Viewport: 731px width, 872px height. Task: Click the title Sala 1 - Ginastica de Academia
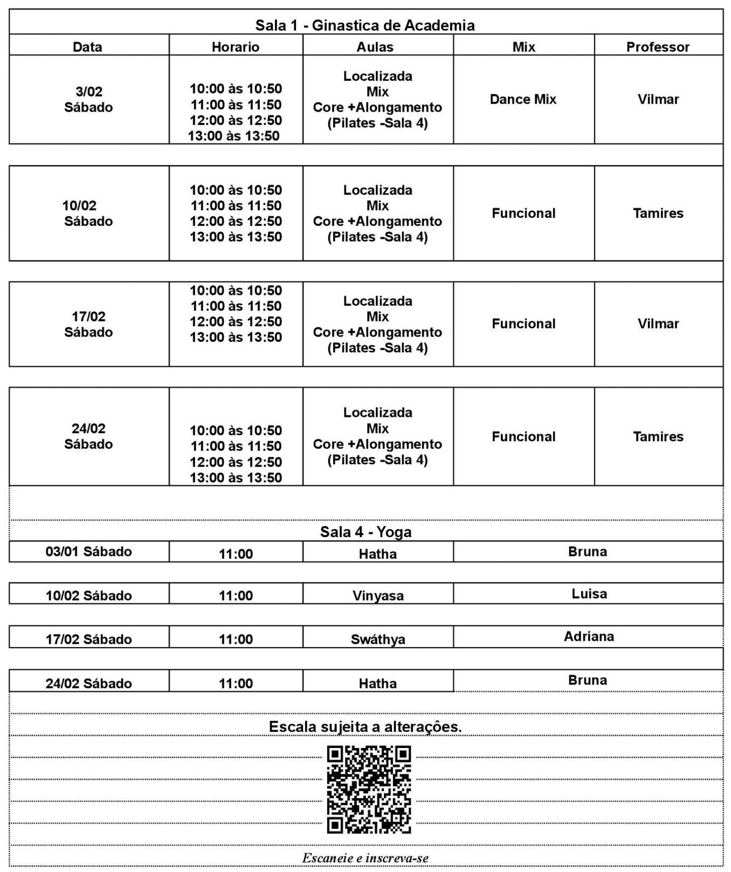coord(365,25)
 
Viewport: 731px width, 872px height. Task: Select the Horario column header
coord(236,47)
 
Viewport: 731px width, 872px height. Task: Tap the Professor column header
coord(658,47)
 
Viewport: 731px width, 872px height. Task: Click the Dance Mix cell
coord(523,99)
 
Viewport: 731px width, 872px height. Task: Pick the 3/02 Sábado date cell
coord(88,99)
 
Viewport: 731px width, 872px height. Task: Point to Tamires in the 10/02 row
coord(658,213)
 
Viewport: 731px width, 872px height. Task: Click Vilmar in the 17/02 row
coord(658,324)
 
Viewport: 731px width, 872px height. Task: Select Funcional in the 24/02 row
coord(523,436)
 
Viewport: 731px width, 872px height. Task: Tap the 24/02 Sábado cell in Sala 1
coord(88,436)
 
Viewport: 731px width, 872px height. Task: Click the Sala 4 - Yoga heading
coord(365,532)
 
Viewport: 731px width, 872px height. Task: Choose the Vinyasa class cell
coord(377,596)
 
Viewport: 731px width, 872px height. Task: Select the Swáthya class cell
coord(377,640)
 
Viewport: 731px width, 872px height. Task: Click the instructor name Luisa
coord(589,594)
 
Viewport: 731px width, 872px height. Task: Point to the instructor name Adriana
coord(589,636)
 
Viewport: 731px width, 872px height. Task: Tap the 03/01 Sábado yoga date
coord(88,552)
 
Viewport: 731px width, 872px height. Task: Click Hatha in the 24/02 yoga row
coord(377,683)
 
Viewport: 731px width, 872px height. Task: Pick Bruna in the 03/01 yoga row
coord(588,552)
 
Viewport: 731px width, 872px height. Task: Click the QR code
coord(369,789)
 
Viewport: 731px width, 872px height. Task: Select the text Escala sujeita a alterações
coord(365,726)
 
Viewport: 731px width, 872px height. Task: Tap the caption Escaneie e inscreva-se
coord(365,857)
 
